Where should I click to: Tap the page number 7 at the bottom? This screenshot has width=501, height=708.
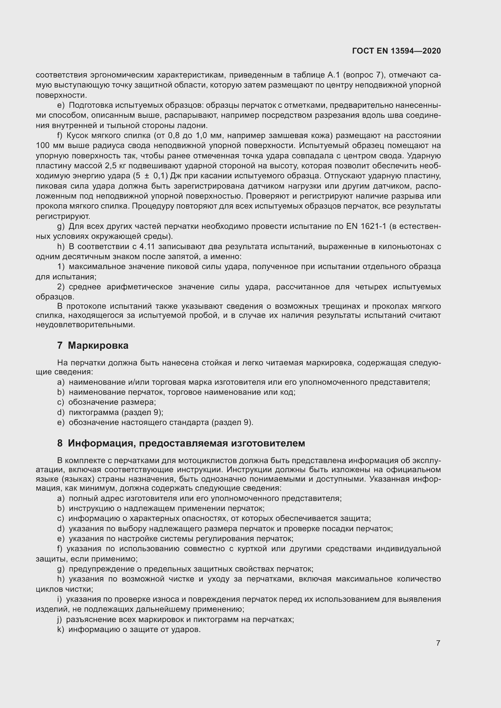coord(438,643)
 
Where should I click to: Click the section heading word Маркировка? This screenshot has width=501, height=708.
coord(98,345)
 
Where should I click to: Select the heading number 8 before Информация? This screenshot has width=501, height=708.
coord(60,443)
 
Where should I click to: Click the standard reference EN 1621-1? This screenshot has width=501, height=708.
coord(366,226)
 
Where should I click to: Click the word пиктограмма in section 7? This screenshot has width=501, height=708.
coord(94,412)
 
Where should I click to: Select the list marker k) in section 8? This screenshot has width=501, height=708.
coord(61,629)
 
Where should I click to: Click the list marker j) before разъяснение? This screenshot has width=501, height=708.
coord(60,619)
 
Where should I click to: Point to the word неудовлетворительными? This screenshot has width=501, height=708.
coord(85,325)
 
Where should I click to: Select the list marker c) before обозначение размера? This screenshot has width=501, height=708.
coord(61,402)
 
